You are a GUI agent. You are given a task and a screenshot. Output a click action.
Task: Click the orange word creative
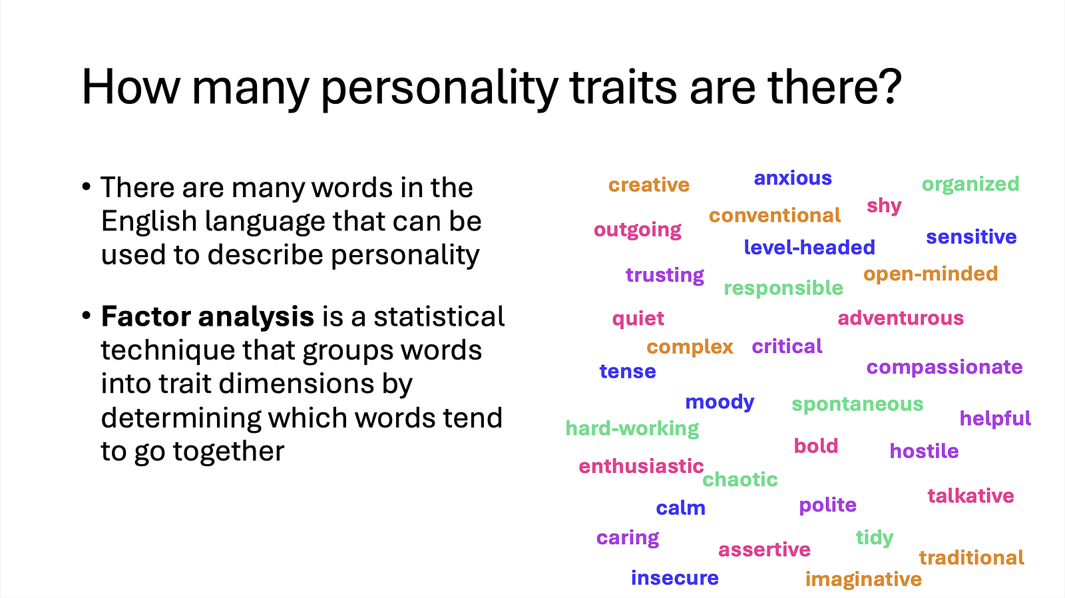click(649, 184)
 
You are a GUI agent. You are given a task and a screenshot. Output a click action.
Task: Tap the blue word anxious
click(793, 178)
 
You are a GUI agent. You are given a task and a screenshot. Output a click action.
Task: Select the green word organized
click(970, 184)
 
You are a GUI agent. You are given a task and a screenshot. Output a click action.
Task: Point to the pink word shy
click(884, 206)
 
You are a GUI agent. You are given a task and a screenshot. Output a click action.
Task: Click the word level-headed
click(809, 247)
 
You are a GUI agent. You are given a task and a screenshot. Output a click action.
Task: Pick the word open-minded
click(931, 274)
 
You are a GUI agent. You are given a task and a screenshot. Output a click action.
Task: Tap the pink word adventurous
click(901, 318)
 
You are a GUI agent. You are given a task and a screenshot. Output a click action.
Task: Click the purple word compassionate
click(945, 368)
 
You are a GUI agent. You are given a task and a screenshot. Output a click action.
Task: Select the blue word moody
click(720, 402)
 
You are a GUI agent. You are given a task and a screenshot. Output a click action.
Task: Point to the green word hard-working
click(632, 429)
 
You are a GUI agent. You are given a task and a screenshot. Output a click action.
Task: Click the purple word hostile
click(924, 451)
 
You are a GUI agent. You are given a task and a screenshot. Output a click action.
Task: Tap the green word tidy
click(875, 538)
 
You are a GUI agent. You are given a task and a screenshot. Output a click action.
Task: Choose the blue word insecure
click(675, 578)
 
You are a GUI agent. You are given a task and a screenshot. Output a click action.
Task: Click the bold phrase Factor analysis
click(207, 317)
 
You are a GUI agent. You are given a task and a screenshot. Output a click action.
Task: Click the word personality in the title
click(439, 88)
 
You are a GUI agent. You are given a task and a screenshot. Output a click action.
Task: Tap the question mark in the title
click(888, 86)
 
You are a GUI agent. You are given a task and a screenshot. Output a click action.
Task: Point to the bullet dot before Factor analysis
click(86, 315)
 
